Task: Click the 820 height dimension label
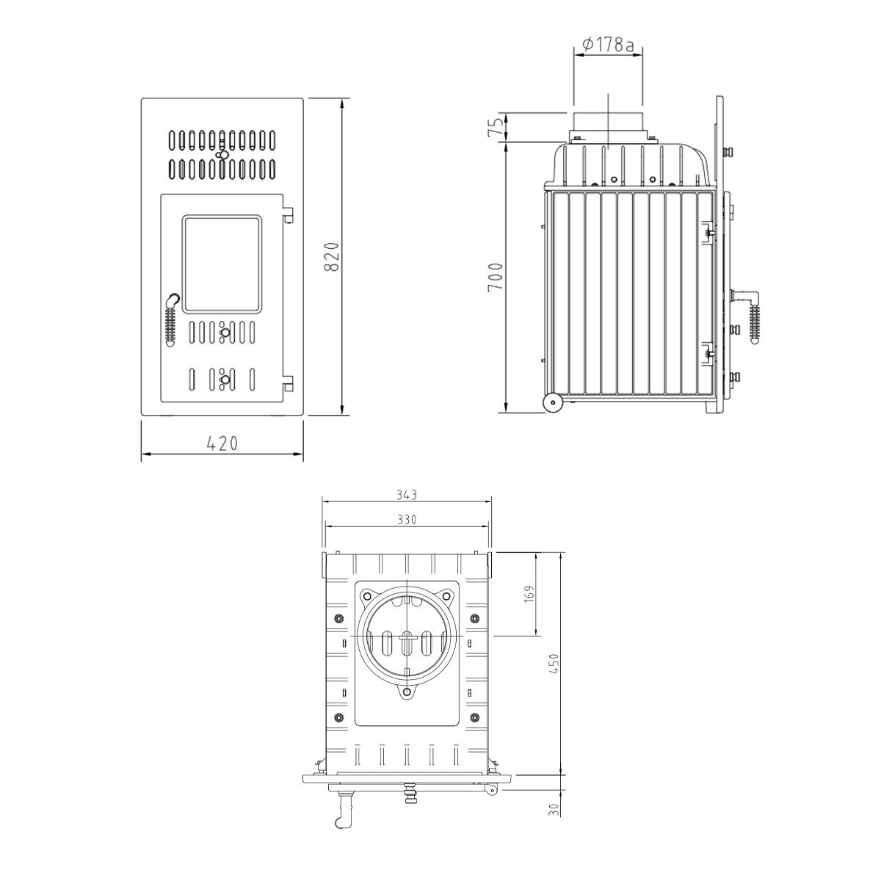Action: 332,257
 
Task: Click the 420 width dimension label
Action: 222,443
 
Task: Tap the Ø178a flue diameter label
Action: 609,44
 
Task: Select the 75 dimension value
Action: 496,126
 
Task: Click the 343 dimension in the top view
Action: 407,495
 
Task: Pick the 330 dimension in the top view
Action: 407,520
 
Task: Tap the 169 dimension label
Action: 529,593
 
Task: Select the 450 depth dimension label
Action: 554,664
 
